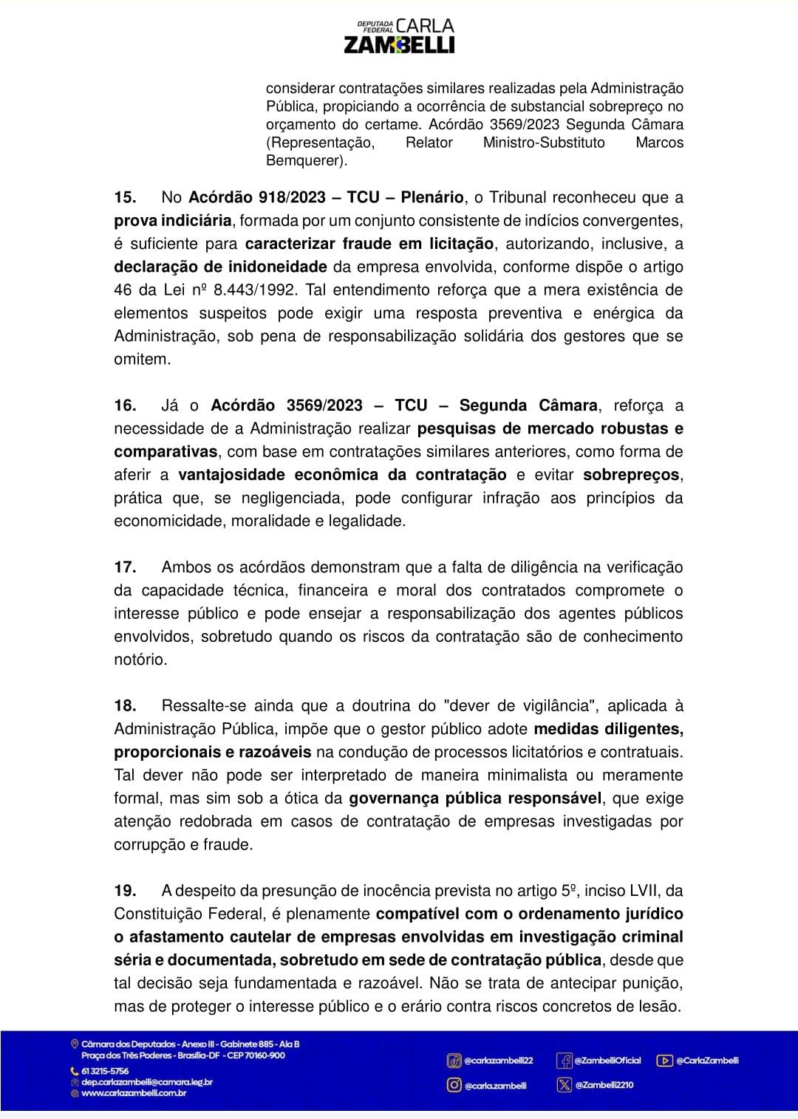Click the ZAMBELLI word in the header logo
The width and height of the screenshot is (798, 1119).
[x=399, y=45]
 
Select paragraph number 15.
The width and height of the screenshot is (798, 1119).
[x=125, y=197]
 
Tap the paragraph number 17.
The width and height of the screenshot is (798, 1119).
[x=125, y=567]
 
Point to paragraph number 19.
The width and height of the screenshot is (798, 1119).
[x=125, y=891]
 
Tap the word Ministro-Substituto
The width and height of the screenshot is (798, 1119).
[x=544, y=143]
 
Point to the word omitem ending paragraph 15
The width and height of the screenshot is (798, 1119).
[x=141, y=360]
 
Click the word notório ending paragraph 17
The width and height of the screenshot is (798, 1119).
[x=140, y=660]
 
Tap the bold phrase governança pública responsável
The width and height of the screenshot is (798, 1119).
[x=476, y=798]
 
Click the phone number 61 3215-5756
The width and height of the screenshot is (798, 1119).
[x=104, y=1071]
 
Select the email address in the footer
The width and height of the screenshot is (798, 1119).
[x=146, y=1082]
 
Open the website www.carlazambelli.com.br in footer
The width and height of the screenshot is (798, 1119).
[x=133, y=1093]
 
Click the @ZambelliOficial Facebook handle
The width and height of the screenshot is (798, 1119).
[x=607, y=1061]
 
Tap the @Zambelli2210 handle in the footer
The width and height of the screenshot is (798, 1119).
[x=604, y=1085]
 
